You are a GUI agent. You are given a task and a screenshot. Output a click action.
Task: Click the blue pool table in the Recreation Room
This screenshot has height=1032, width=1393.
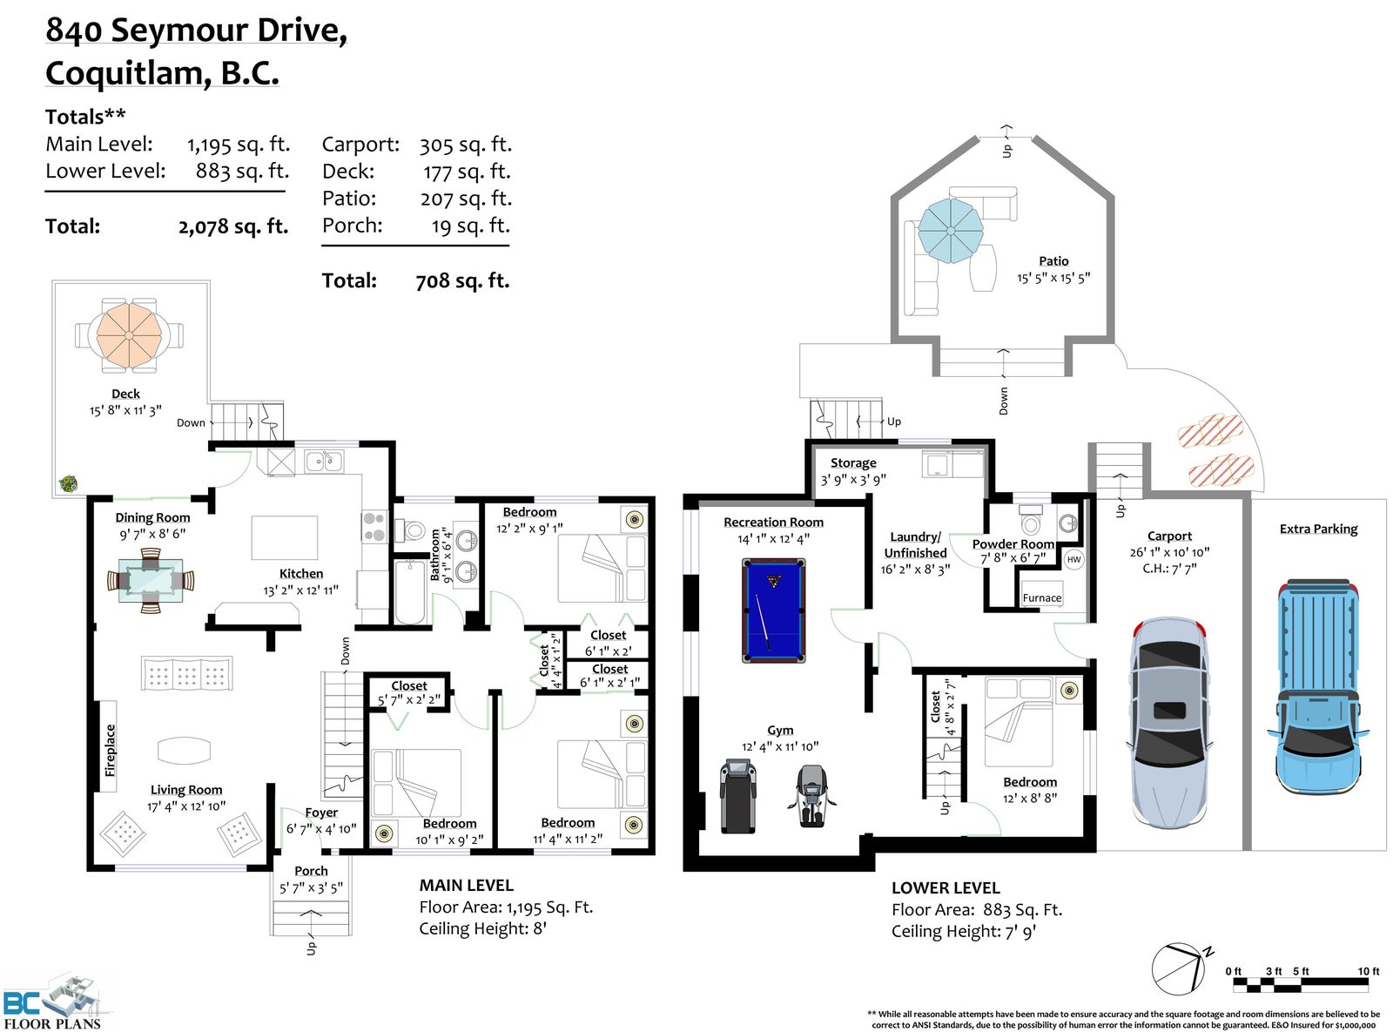pyautogui.click(x=773, y=610)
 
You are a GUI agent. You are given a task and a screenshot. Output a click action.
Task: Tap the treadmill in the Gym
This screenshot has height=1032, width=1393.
pyautogui.click(x=738, y=796)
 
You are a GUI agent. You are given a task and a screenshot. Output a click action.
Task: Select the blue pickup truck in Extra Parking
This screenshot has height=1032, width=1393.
pyautogui.click(x=1317, y=687)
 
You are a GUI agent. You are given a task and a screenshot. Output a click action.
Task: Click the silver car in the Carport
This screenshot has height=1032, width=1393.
pyautogui.click(x=1168, y=724)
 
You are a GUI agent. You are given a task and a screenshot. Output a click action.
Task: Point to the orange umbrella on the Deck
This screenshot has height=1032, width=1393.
pyautogui.click(x=130, y=335)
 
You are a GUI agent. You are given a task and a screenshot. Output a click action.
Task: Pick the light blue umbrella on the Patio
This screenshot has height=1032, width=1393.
pyautogui.click(x=950, y=230)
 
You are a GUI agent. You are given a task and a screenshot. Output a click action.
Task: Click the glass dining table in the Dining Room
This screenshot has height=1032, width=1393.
pyautogui.click(x=151, y=581)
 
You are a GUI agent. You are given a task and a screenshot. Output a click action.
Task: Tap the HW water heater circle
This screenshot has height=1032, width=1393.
pyautogui.click(x=1074, y=559)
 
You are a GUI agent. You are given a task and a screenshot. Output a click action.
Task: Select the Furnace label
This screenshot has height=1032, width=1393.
pyautogui.click(x=1042, y=597)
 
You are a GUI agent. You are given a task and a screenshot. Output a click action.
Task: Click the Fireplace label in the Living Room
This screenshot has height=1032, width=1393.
pyautogui.click(x=110, y=750)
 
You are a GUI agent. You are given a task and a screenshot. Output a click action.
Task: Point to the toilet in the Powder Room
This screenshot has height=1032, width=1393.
pyautogui.click(x=1031, y=518)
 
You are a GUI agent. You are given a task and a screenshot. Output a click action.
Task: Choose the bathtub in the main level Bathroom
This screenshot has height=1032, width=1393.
pyautogui.click(x=409, y=591)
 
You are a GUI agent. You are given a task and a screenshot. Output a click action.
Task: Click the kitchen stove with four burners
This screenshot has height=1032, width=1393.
pyautogui.click(x=374, y=526)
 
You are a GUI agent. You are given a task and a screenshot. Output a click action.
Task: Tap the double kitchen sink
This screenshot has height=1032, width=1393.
pyautogui.click(x=324, y=462)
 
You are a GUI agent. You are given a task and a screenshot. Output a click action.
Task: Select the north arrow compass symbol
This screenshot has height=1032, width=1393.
pyautogui.click(x=1180, y=968)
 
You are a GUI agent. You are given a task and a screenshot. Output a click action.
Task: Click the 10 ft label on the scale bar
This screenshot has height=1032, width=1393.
pyautogui.click(x=1368, y=971)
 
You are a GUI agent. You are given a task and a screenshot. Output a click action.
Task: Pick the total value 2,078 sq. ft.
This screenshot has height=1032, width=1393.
pyautogui.click(x=233, y=226)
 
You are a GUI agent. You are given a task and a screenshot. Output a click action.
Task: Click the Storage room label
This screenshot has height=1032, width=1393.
pyautogui.click(x=853, y=462)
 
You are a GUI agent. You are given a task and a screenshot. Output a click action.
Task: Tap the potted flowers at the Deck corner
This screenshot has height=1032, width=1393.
pyautogui.click(x=68, y=484)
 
